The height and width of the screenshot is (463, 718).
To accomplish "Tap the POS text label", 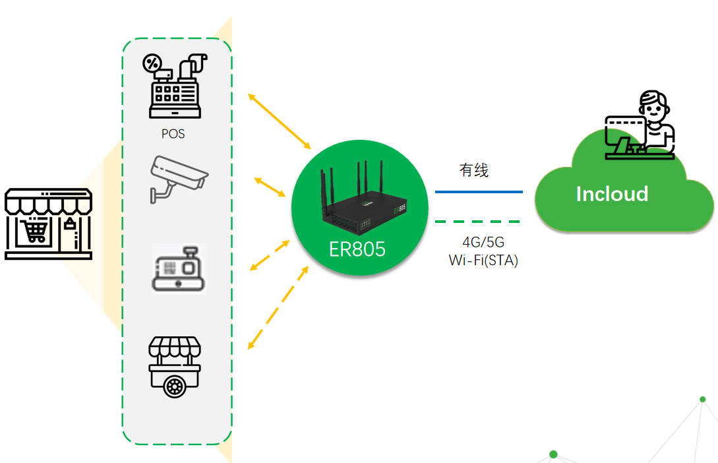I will coord(173,134).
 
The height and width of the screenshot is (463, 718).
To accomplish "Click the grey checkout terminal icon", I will coord(179,268).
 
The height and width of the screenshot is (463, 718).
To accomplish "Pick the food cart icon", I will coord(175,367).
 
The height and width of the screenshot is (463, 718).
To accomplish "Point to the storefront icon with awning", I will coord(48,224).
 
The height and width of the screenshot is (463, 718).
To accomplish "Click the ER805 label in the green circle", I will coord(357,249).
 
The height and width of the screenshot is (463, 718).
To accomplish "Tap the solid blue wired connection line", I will coord(479,192).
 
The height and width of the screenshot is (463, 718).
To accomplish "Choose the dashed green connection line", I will coord(477,222).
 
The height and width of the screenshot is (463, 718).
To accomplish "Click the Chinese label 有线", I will coord(474,170).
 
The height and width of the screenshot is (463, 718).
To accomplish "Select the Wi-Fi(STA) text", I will coord(483,261).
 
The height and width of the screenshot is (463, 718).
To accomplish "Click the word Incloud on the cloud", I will coord(612,194).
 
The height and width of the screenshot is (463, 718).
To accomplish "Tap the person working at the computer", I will coord(642,126).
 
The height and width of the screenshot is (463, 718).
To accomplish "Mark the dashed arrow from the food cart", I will coord(278,308).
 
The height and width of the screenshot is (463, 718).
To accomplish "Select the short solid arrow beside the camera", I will coord(270,187).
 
